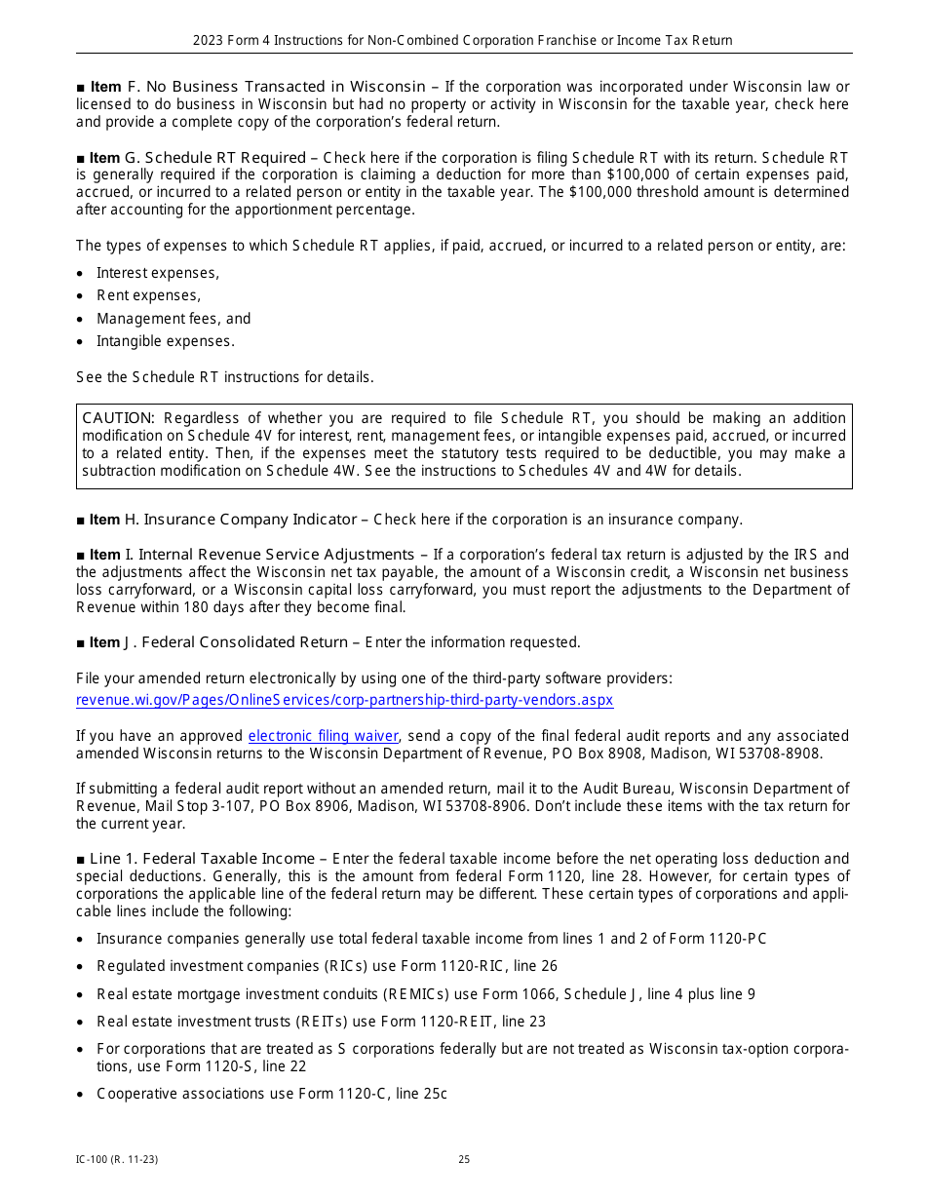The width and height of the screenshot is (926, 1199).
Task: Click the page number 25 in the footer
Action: [x=464, y=1160]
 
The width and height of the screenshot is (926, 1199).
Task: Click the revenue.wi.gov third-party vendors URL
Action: [x=344, y=700]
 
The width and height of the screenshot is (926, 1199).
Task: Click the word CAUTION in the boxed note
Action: [x=118, y=418]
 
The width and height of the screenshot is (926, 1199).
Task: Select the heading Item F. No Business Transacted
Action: [x=257, y=87]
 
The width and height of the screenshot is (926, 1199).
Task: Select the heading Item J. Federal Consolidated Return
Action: [x=218, y=642]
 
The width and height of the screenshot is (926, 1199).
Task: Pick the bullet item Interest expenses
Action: [x=158, y=273]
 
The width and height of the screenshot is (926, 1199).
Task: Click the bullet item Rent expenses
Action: [x=148, y=295]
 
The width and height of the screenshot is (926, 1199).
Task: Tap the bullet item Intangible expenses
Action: [x=165, y=341]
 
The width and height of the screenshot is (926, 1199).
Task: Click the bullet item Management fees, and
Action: [x=173, y=319]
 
